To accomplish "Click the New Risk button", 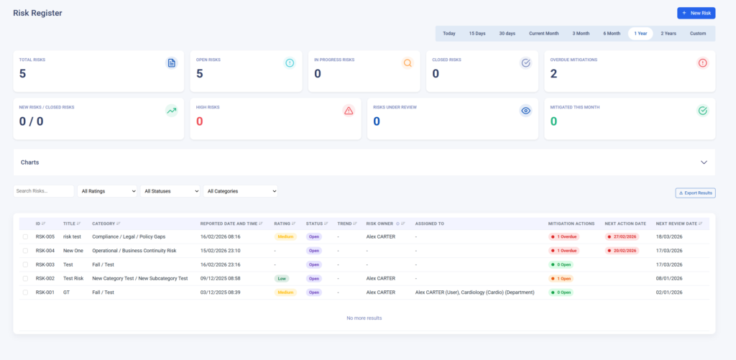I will (696, 13).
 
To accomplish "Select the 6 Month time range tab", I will (612, 33).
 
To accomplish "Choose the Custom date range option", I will (697, 33).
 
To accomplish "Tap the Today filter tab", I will (449, 33).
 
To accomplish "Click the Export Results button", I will (694, 193).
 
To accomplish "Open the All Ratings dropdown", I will (107, 191).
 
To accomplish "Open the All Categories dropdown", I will (241, 191).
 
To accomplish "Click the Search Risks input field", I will (44, 191).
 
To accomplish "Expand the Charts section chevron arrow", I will (704, 162).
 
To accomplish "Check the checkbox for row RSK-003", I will (25, 264).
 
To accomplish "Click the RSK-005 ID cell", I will (45, 236).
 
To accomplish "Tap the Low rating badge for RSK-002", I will (285, 278).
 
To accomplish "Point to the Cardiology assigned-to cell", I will (474, 292).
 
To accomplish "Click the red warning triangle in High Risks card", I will (349, 111).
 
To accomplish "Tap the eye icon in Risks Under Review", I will (525, 111).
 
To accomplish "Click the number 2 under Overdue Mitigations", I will (553, 73).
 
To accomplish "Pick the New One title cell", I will (74, 251).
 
